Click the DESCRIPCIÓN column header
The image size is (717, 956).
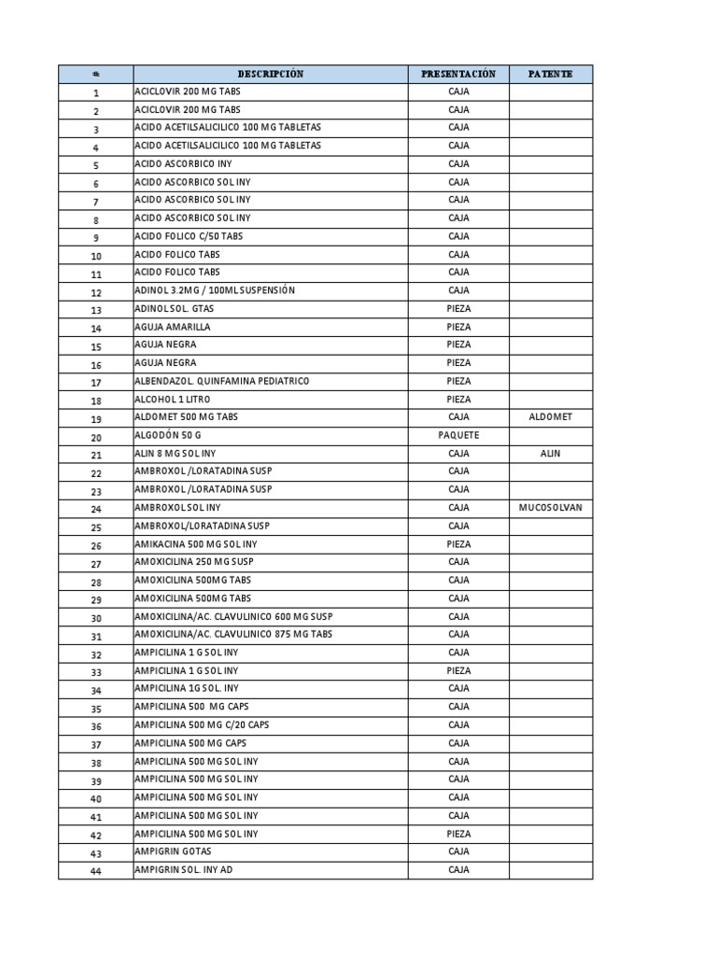tap(271, 74)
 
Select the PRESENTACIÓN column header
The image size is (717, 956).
tap(458, 74)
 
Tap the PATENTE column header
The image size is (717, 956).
tap(551, 74)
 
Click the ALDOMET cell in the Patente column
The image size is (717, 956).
tap(551, 417)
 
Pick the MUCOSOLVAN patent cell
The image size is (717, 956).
tap(551, 508)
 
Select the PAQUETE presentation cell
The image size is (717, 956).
tap(458, 435)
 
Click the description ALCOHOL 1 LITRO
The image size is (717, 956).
tap(173, 400)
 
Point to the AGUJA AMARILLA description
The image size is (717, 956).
tap(173, 327)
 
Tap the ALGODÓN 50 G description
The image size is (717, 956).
tap(168, 436)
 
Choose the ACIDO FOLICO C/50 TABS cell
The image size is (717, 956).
tap(189, 236)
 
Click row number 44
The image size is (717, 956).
tap(95, 871)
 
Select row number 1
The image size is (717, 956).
tap(95, 92)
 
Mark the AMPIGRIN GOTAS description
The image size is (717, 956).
tap(173, 851)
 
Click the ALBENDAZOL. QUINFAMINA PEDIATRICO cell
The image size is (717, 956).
tap(221, 381)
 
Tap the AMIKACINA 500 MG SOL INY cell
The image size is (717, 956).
tap(196, 544)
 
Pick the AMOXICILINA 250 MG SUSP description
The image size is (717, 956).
tap(194, 562)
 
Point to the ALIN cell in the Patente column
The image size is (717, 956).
tap(551, 454)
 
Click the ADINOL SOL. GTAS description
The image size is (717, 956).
tap(175, 309)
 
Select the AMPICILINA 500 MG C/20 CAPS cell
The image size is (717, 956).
tap(202, 725)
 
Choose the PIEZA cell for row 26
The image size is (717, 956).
tap(458, 544)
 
